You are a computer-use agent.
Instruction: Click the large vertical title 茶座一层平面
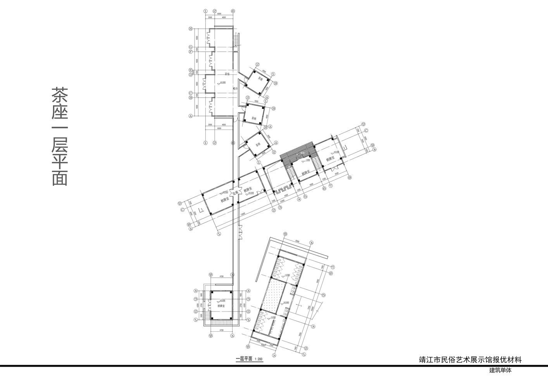click(60, 136)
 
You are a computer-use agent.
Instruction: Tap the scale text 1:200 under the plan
click(258, 359)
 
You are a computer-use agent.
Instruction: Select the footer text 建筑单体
click(500, 370)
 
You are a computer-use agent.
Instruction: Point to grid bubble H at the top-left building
click(191, 29)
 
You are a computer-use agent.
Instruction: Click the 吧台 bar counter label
click(235, 88)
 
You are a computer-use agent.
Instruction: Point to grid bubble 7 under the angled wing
click(330, 185)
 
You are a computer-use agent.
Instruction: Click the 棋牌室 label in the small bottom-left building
click(222, 306)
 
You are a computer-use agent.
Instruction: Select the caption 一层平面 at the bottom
click(244, 359)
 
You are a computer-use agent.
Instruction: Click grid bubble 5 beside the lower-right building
click(323, 295)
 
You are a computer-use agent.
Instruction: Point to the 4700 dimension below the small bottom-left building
click(221, 330)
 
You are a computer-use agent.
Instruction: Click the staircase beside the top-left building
click(236, 40)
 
